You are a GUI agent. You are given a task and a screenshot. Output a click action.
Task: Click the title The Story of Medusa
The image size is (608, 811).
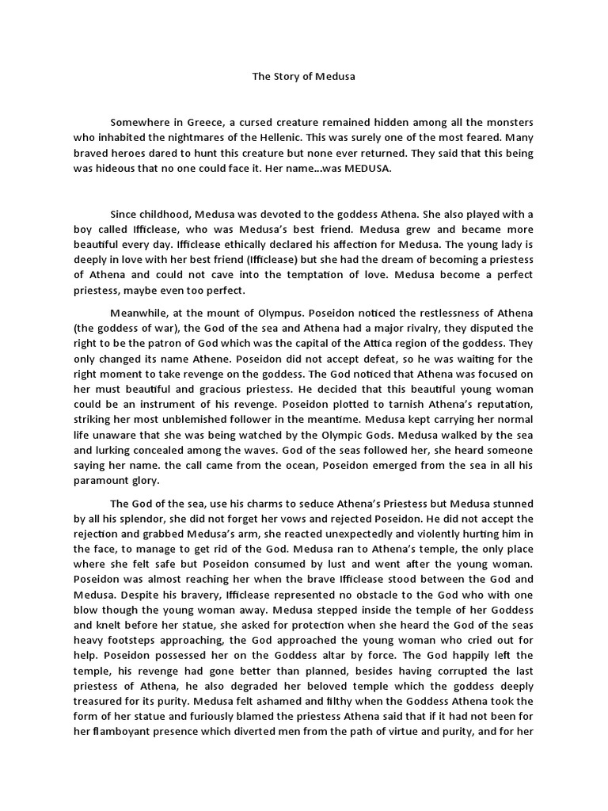pos(304,77)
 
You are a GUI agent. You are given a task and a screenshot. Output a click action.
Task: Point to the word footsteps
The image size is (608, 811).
pos(153,640)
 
